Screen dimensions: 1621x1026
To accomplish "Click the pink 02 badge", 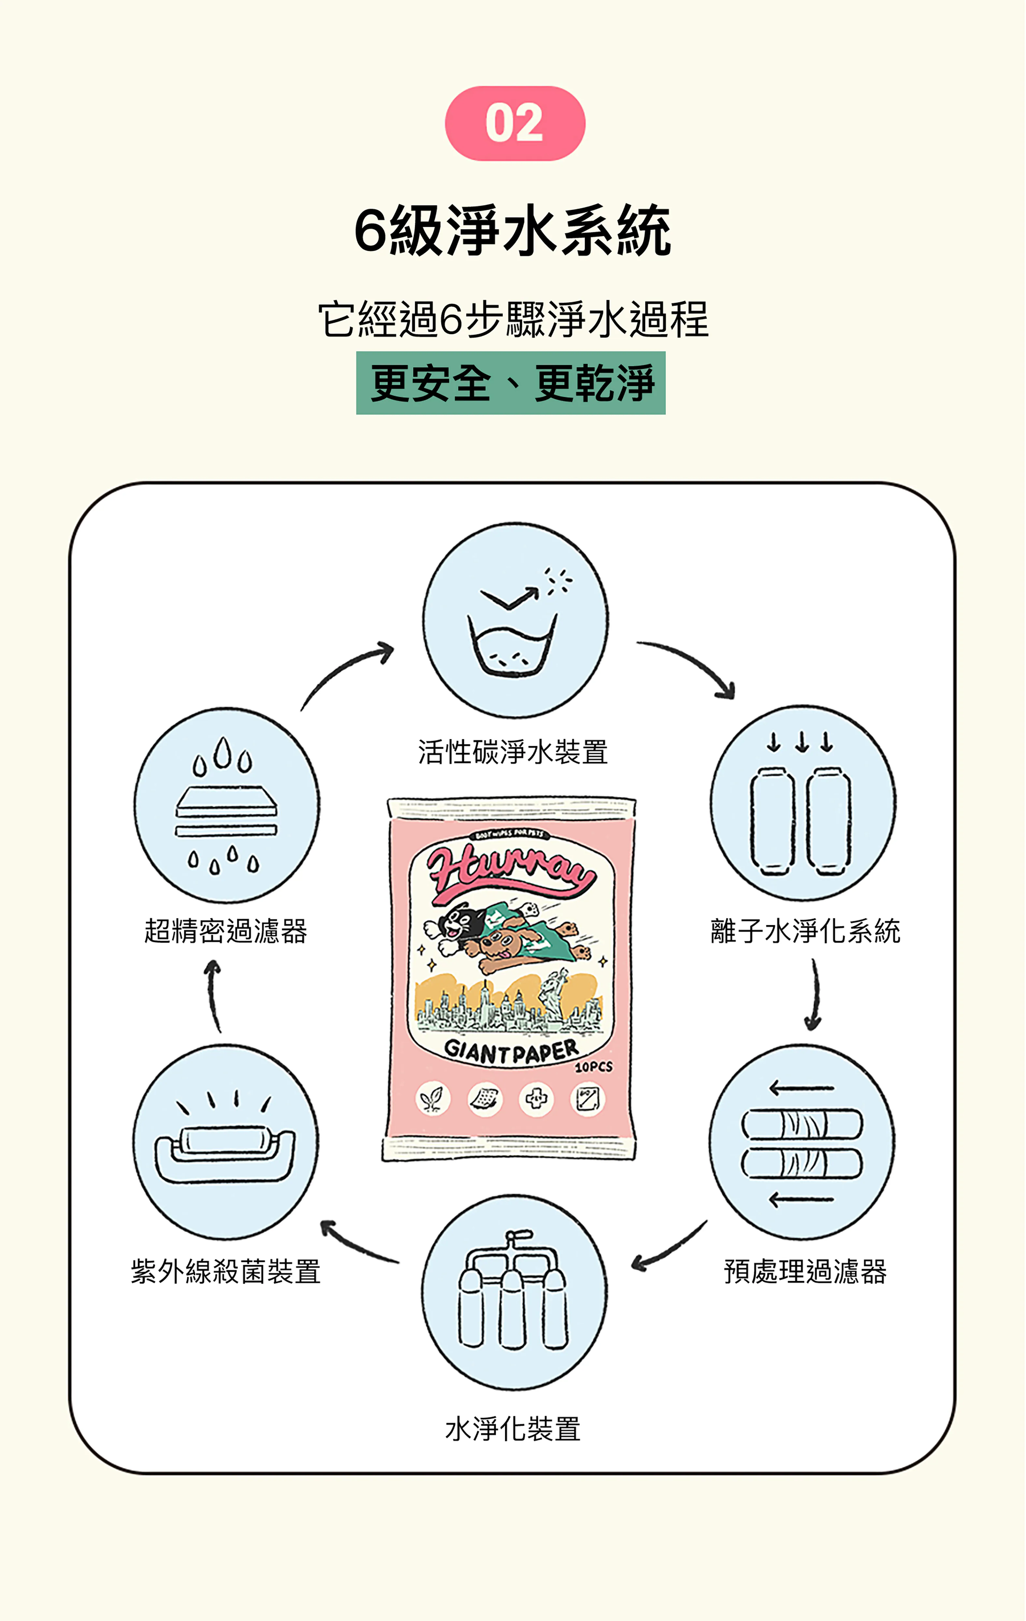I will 515,123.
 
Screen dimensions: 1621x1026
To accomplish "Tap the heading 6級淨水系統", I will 513,231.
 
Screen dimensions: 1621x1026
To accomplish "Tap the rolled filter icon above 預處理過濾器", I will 802,1142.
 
